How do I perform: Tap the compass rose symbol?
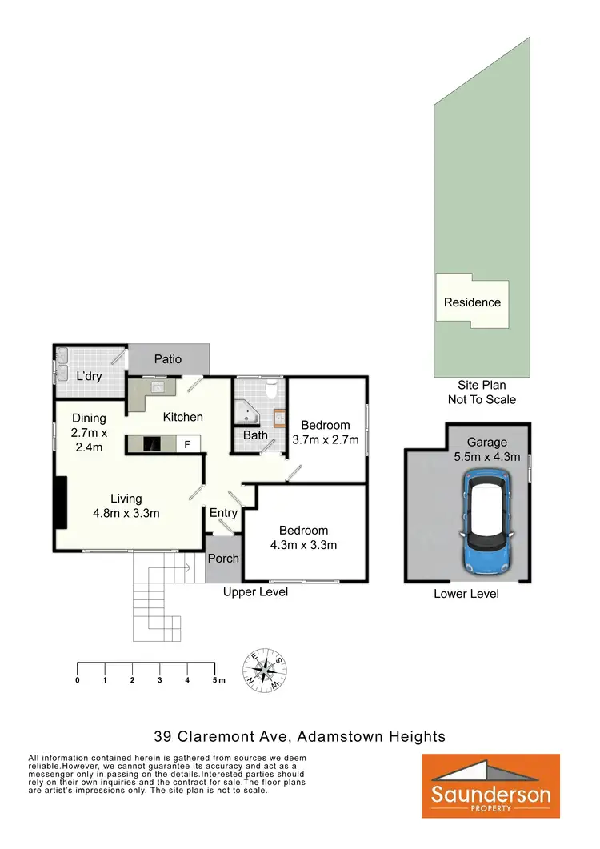[x=266, y=670]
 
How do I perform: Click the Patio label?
[x=168, y=359]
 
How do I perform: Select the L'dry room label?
[x=89, y=376]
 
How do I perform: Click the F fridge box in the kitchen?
[x=187, y=443]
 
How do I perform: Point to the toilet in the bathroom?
[x=271, y=390]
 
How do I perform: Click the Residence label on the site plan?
[x=472, y=302]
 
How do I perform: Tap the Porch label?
[x=223, y=558]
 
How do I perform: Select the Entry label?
[x=223, y=513]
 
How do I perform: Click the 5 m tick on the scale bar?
[x=214, y=679]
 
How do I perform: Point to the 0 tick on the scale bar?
[x=78, y=679]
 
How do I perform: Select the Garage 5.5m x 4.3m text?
[x=487, y=451]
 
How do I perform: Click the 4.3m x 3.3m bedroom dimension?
[x=303, y=545]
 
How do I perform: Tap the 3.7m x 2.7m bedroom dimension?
[x=326, y=439]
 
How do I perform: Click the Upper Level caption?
[x=254, y=591]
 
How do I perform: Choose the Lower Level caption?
[x=466, y=593]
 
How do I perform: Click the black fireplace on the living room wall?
[x=61, y=503]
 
